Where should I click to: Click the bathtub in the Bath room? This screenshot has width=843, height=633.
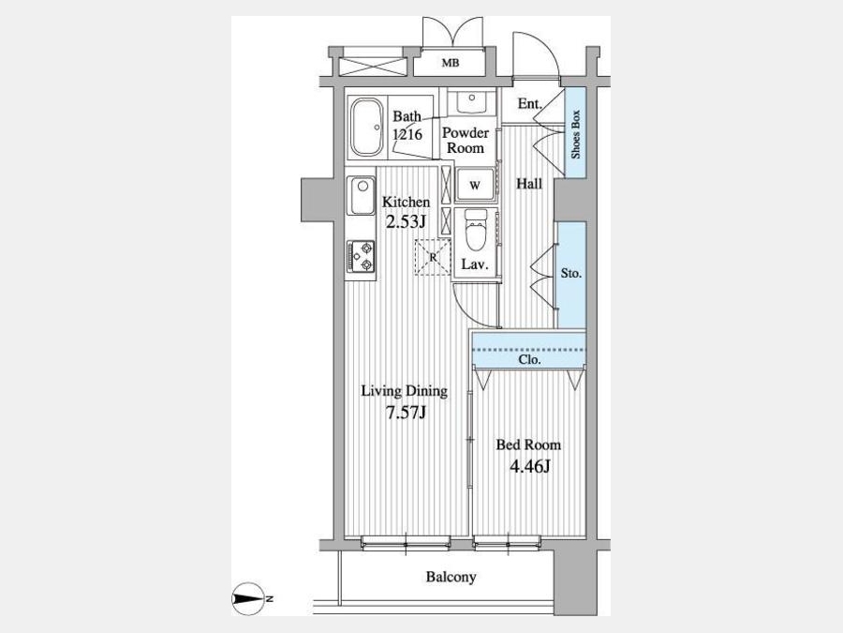[367, 127]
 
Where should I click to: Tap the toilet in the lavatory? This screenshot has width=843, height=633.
[475, 231]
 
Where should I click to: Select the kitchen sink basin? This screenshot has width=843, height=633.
[361, 195]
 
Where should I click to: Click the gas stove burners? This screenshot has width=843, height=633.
[361, 256]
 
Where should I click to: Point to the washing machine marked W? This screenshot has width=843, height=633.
[475, 185]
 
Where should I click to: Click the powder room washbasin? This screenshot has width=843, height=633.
[472, 101]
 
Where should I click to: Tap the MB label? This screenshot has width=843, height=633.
[451, 63]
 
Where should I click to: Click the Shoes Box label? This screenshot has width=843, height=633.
[576, 134]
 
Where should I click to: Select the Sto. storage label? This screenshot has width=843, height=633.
[571, 274]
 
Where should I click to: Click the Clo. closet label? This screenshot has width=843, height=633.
[529, 359]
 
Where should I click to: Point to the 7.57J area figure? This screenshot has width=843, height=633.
[406, 413]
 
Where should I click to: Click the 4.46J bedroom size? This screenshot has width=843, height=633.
[529, 465]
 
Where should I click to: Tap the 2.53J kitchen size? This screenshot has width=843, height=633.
[407, 220]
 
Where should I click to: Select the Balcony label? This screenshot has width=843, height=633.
[451, 577]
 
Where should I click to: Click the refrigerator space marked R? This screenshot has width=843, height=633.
[433, 257]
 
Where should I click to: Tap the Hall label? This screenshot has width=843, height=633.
[529, 184]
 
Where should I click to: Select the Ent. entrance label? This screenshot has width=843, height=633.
[530, 104]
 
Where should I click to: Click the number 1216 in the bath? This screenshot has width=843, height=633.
[407, 134]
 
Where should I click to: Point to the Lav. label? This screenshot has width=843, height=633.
[475, 264]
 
